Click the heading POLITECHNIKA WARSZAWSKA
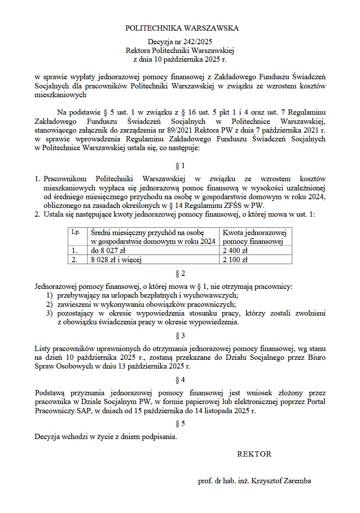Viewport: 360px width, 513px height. [182, 28]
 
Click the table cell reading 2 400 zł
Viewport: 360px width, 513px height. [235, 251]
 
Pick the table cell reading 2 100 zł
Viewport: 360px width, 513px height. [235, 260]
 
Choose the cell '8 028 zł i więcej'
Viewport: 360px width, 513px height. [117, 260]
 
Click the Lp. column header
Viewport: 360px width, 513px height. [76, 232]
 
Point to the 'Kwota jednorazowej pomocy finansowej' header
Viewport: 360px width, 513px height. [255, 237]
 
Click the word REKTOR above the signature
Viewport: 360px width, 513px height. [254, 454]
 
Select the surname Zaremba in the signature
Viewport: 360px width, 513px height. [297, 481]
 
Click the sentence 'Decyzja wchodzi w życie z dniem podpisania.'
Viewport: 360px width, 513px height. [106, 436]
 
